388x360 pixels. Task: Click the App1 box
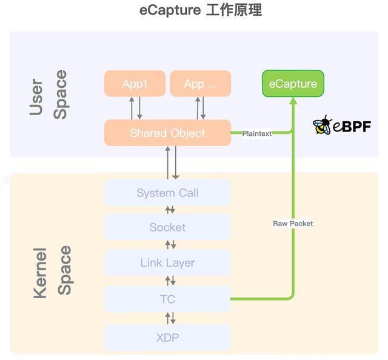(x=135, y=84)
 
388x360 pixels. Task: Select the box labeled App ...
(x=200, y=84)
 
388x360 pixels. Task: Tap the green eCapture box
(x=293, y=84)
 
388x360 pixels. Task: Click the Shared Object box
(x=167, y=133)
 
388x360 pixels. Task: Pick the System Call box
(x=167, y=193)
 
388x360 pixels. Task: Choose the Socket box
(x=167, y=227)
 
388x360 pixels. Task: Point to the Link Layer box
(x=167, y=262)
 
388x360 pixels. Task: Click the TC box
(x=167, y=299)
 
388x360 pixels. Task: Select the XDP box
(x=167, y=337)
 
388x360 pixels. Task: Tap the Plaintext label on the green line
(x=257, y=133)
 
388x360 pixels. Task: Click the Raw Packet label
(x=293, y=224)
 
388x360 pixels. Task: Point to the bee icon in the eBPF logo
(x=322, y=125)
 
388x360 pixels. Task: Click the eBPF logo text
(x=352, y=127)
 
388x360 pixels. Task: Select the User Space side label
(x=48, y=95)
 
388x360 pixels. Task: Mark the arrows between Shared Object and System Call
(x=172, y=162)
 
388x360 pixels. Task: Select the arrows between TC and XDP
(x=170, y=318)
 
